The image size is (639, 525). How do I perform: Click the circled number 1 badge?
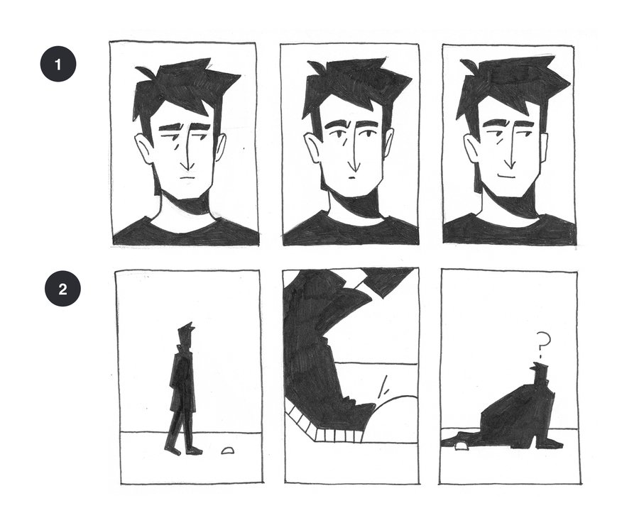click(x=58, y=65)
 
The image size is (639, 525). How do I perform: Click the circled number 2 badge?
click(x=62, y=289)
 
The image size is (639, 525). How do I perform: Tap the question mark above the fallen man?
click(x=542, y=345)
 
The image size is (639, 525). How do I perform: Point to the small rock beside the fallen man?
click(x=461, y=446)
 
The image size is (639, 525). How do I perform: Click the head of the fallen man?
click(x=539, y=372)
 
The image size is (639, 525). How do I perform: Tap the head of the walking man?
click(x=187, y=332)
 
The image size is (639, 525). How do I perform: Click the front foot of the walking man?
click(x=194, y=451)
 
